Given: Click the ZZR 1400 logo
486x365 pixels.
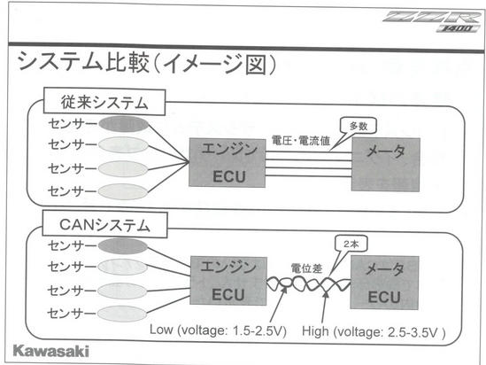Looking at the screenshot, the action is pos(432,21).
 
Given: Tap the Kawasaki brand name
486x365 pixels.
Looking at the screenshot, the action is pos(51,351).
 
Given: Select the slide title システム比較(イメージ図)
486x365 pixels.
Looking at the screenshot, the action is pos(147,63).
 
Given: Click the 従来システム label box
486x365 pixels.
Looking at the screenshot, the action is pos(104,101).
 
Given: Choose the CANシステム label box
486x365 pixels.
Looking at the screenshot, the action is pos(104,224).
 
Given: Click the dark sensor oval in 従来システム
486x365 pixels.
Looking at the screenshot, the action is pos(124,124).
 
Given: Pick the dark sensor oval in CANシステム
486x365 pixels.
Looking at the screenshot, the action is pos(123,246).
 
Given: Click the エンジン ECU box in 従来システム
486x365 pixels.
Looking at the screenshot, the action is pos(228,163).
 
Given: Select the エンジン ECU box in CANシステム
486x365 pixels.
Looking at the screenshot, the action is pos(228,281).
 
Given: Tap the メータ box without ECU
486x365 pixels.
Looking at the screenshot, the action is pos(386,165).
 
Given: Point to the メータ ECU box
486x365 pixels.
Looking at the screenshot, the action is pos(385,283).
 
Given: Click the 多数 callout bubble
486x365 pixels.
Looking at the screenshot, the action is pos(359,126).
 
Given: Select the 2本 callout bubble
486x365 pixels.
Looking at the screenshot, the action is pos(351,244).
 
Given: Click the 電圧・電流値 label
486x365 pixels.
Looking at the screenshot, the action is pos(301,141).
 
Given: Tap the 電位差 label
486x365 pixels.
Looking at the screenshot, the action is pos(306,268).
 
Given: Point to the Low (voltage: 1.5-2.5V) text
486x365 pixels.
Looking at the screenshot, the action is pos(218,330).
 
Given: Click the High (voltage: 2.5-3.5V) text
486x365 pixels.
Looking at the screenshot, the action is pos(374,332).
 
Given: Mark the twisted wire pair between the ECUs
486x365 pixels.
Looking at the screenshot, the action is pos(309,283).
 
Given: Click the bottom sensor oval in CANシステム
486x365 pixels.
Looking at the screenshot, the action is pos(122,314).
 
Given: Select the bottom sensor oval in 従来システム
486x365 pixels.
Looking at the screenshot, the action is pos(123,191).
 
